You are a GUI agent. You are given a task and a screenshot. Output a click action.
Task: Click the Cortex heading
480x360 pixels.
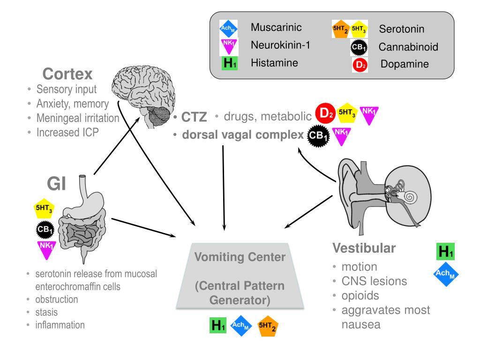coord(68,74)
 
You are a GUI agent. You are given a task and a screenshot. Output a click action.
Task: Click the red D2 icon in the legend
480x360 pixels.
coord(360,65)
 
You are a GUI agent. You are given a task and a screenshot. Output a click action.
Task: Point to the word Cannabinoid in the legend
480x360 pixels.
coord(408,47)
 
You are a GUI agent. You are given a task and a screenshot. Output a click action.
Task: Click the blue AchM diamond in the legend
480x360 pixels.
coord(229,29)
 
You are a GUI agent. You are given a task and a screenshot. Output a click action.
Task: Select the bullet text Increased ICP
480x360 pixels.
coord(68,133)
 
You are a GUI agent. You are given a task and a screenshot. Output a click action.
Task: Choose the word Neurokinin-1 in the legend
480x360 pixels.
coord(280,45)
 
